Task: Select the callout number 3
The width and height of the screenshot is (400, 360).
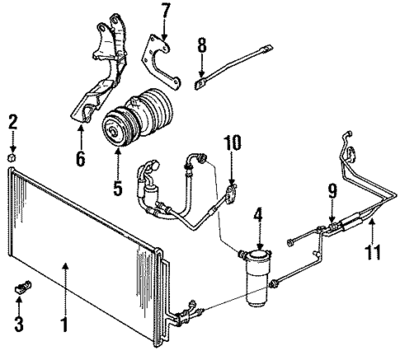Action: click(18, 318)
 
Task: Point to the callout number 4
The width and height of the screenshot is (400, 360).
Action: click(258, 219)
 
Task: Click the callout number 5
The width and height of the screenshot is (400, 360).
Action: click(118, 188)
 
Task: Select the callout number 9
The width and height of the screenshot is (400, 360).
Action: click(332, 193)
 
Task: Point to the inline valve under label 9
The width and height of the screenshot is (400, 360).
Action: click(332, 222)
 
